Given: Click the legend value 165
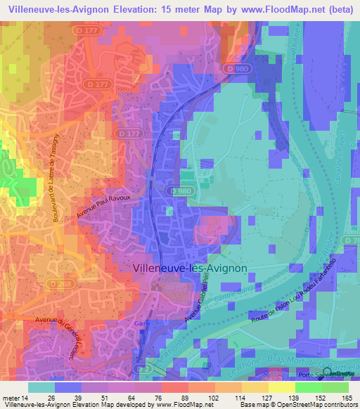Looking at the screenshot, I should pos(346,398).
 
